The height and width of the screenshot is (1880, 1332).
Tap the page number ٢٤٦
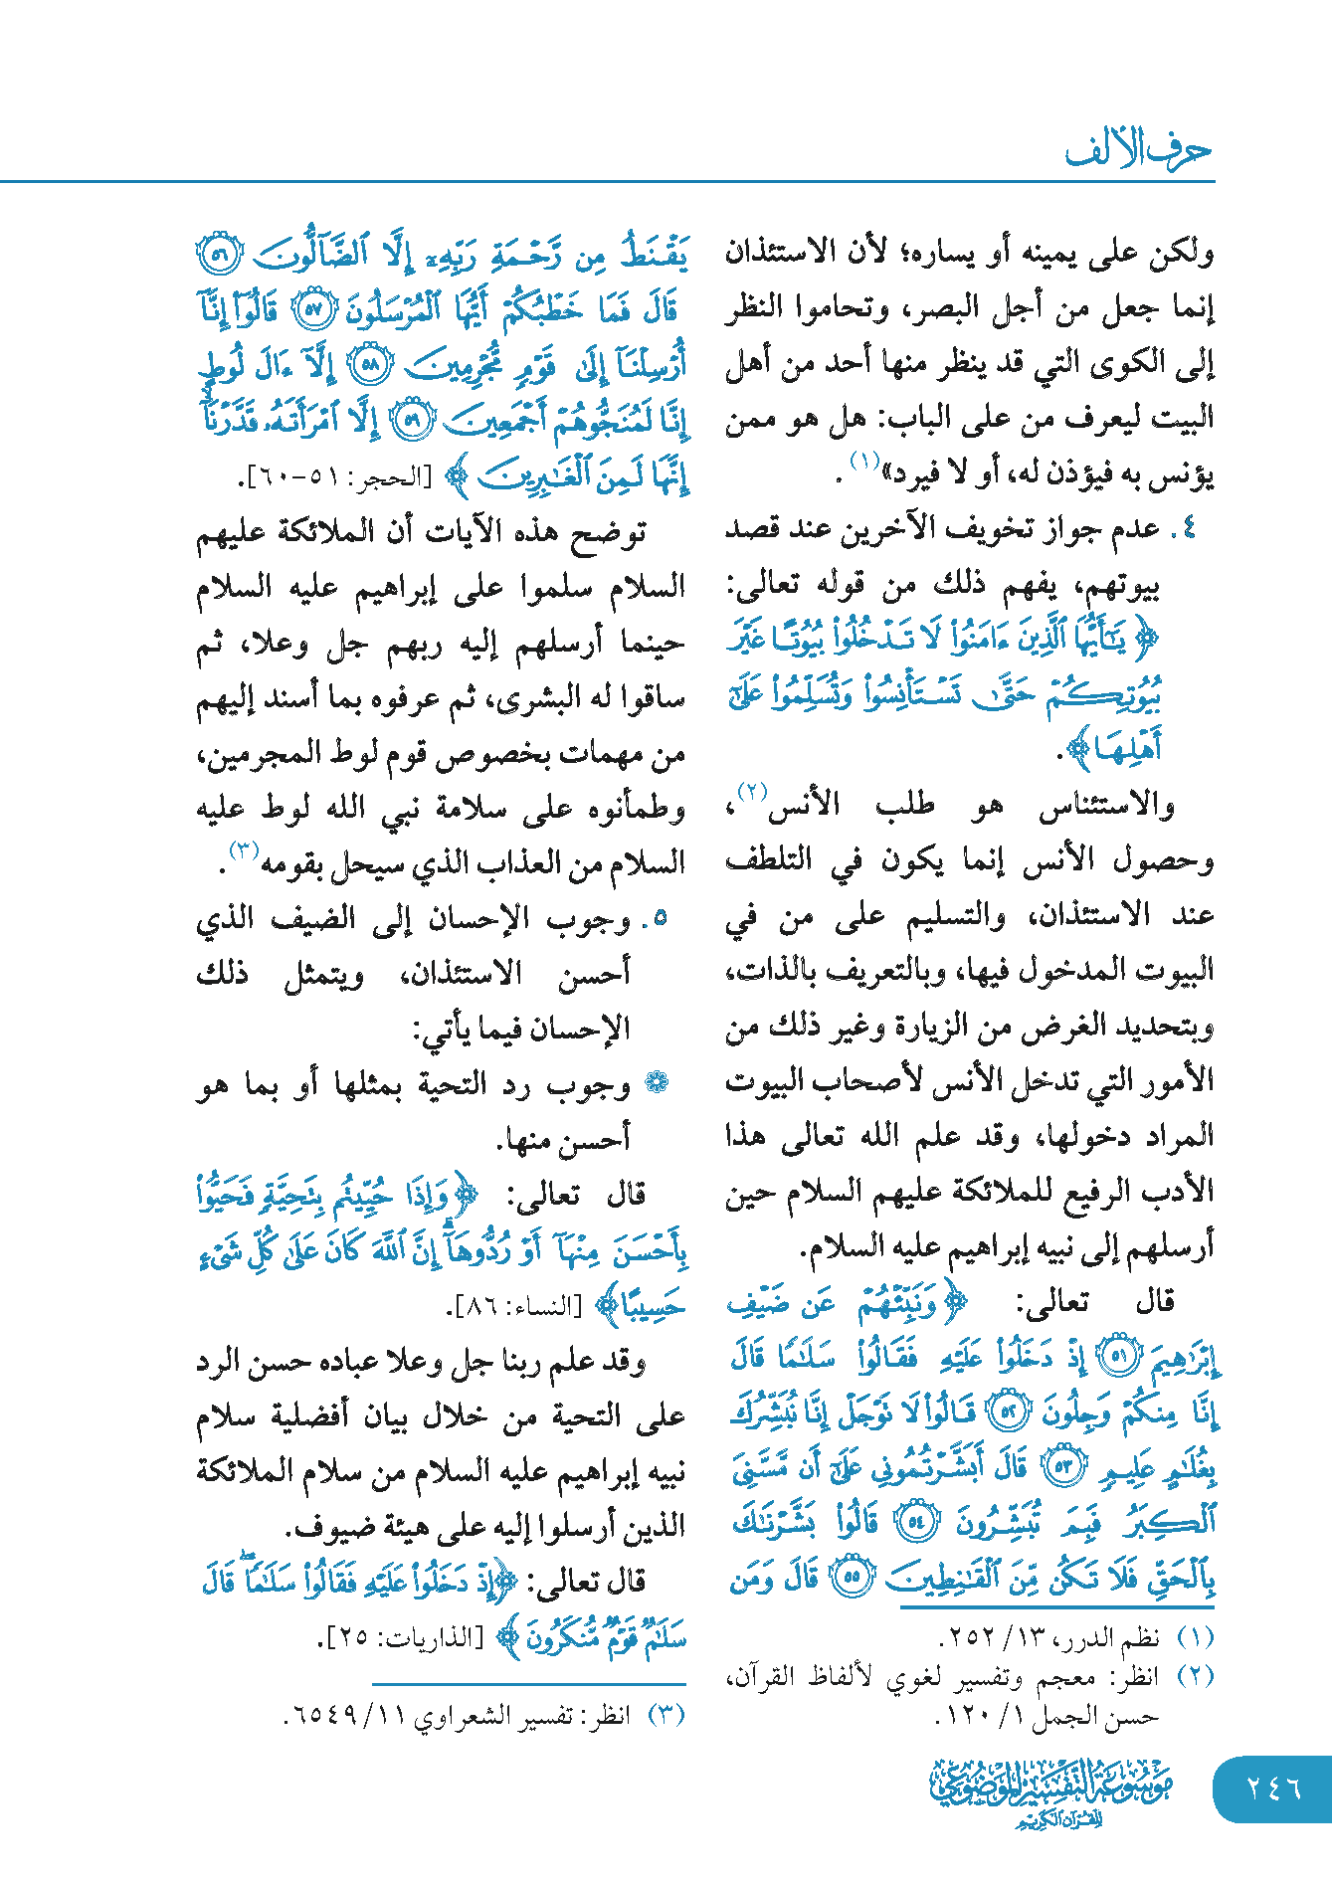click(x=1272, y=1787)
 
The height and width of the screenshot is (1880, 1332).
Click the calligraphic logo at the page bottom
click(x=1050, y=1791)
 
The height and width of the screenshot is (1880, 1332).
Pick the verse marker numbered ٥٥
click(x=852, y=1577)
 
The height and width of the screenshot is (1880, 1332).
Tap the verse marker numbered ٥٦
click(x=219, y=256)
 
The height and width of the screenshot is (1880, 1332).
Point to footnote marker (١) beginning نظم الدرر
click(x=1195, y=1636)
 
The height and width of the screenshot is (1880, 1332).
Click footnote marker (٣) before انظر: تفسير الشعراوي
click(x=666, y=1715)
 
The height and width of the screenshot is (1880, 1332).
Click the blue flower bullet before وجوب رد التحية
click(x=656, y=1083)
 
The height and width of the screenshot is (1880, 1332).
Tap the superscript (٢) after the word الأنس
click(x=751, y=793)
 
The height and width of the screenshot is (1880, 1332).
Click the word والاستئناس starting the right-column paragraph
click(x=1106, y=806)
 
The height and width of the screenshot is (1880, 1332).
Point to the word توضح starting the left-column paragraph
click(x=608, y=532)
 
